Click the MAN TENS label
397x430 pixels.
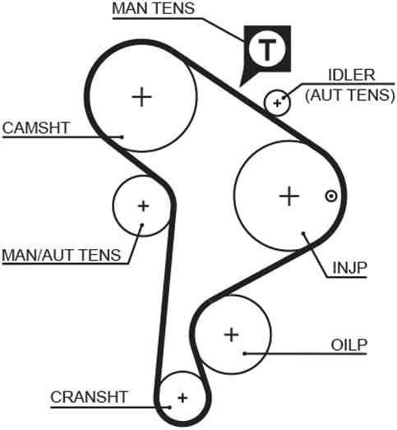tap(153, 8)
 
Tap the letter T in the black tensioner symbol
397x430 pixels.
tap(267, 49)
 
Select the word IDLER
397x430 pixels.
tap(352, 75)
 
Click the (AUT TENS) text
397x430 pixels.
tap(350, 95)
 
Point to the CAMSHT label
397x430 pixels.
tap(36, 128)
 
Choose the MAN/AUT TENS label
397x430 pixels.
tap(62, 255)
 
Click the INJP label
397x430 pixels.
tap(349, 268)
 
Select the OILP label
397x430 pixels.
tap(349, 345)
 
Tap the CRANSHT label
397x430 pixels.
tap(89, 397)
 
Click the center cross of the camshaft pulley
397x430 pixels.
tap(141, 97)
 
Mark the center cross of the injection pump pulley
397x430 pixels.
tap(289, 196)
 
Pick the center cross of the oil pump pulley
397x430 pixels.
tap(232, 335)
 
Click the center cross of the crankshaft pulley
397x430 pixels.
tap(182, 398)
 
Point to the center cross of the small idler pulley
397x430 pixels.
tap(277, 104)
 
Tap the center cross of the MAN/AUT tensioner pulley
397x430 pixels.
tap(143, 206)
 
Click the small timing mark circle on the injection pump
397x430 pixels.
tap(331, 197)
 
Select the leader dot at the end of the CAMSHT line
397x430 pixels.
tap(122, 136)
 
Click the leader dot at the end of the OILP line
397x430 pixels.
tap(245, 354)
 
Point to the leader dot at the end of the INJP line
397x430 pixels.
tap(303, 233)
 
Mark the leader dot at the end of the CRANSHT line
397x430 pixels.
tap(169, 407)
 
